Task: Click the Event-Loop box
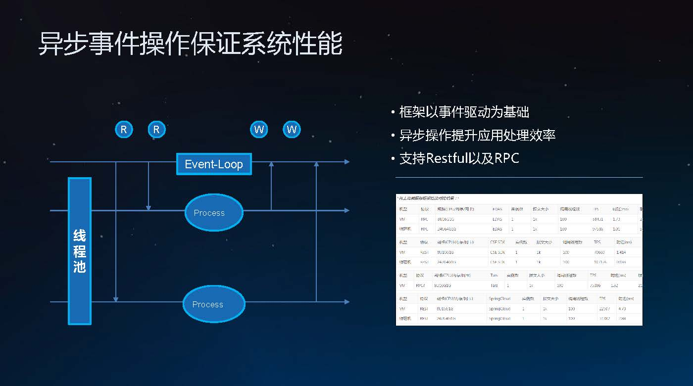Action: pos(214,164)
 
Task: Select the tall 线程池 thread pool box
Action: pos(80,251)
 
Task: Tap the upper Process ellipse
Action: pos(214,212)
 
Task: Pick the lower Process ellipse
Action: pos(214,304)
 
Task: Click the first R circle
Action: pos(124,130)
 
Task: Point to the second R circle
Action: pos(156,130)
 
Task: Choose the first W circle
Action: pos(259,130)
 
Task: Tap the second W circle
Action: pos(292,130)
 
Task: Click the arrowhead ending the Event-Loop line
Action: pos(346,162)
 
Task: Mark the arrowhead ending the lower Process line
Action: pos(346,302)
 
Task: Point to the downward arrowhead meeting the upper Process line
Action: pos(148,207)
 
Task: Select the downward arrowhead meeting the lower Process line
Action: pos(116,298)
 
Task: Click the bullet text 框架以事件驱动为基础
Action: pos(464,112)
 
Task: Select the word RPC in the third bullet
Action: pos(507,158)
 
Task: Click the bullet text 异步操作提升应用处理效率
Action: pos(477,135)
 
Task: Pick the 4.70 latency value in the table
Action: pos(623,309)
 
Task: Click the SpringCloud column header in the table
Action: pos(500,299)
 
